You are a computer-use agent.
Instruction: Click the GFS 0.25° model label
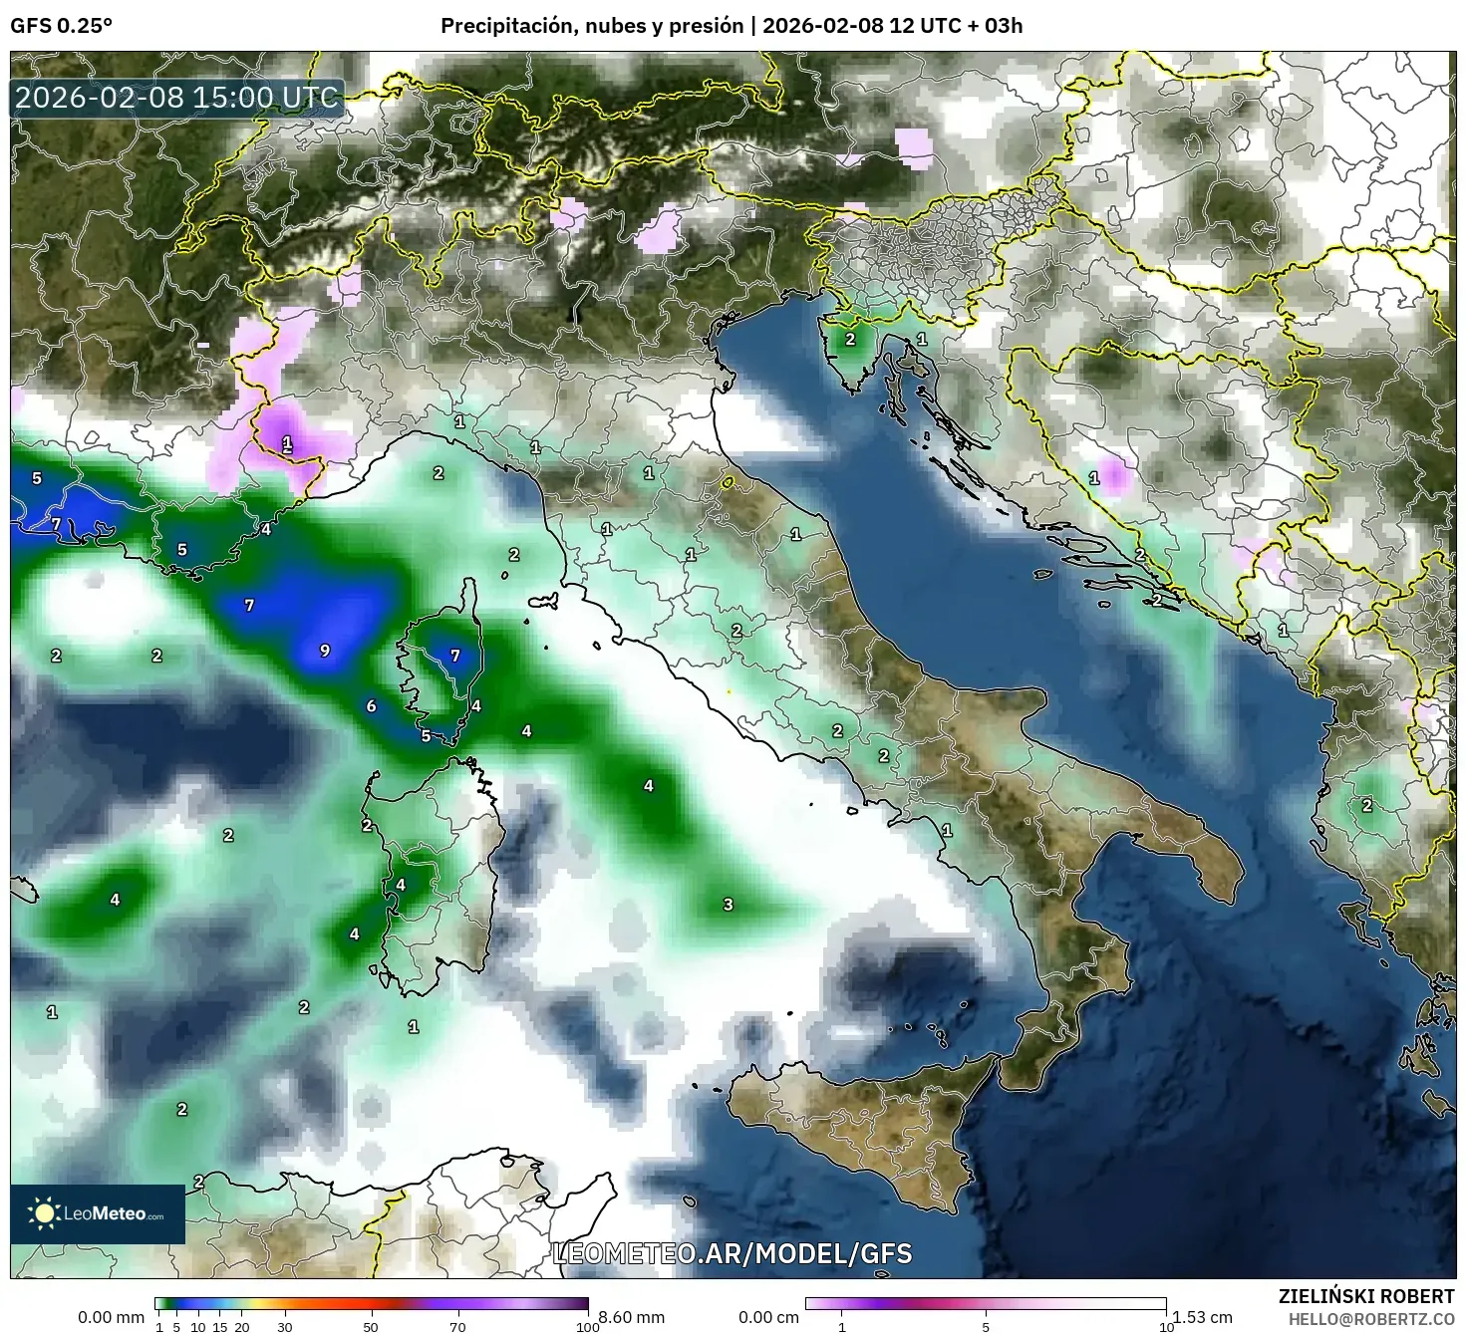pyautogui.click(x=61, y=26)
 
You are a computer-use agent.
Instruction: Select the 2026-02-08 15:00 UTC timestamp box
pyautogui.click(x=177, y=98)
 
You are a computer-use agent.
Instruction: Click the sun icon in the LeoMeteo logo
pyautogui.click(x=44, y=1213)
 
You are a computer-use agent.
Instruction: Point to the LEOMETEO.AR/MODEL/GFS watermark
pyautogui.click(x=732, y=1253)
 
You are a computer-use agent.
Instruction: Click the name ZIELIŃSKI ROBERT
pyautogui.click(x=1366, y=1296)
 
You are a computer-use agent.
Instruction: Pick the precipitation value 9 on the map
pyautogui.click(x=324, y=651)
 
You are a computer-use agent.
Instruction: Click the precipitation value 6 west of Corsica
pyautogui.click(x=371, y=705)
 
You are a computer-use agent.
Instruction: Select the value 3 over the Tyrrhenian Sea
pyautogui.click(x=728, y=904)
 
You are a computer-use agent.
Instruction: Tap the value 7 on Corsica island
pyautogui.click(x=455, y=655)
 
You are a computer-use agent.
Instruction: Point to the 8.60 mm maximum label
pyautogui.click(x=630, y=1317)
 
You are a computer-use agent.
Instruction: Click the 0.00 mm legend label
pyautogui.click(x=111, y=1317)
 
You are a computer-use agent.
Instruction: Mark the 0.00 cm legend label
pyautogui.click(x=768, y=1317)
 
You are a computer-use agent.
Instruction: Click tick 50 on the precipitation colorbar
pyautogui.click(x=371, y=1326)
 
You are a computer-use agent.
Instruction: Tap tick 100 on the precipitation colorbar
pyautogui.click(x=587, y=1326)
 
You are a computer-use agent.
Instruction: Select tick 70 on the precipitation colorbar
pyautogui.click(x=457, y=1326)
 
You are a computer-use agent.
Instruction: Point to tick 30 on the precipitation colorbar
pyautogui.click(x=285, y=1326)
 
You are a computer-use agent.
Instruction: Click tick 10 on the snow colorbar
pyautogui.click(x=1165, y=1326)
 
